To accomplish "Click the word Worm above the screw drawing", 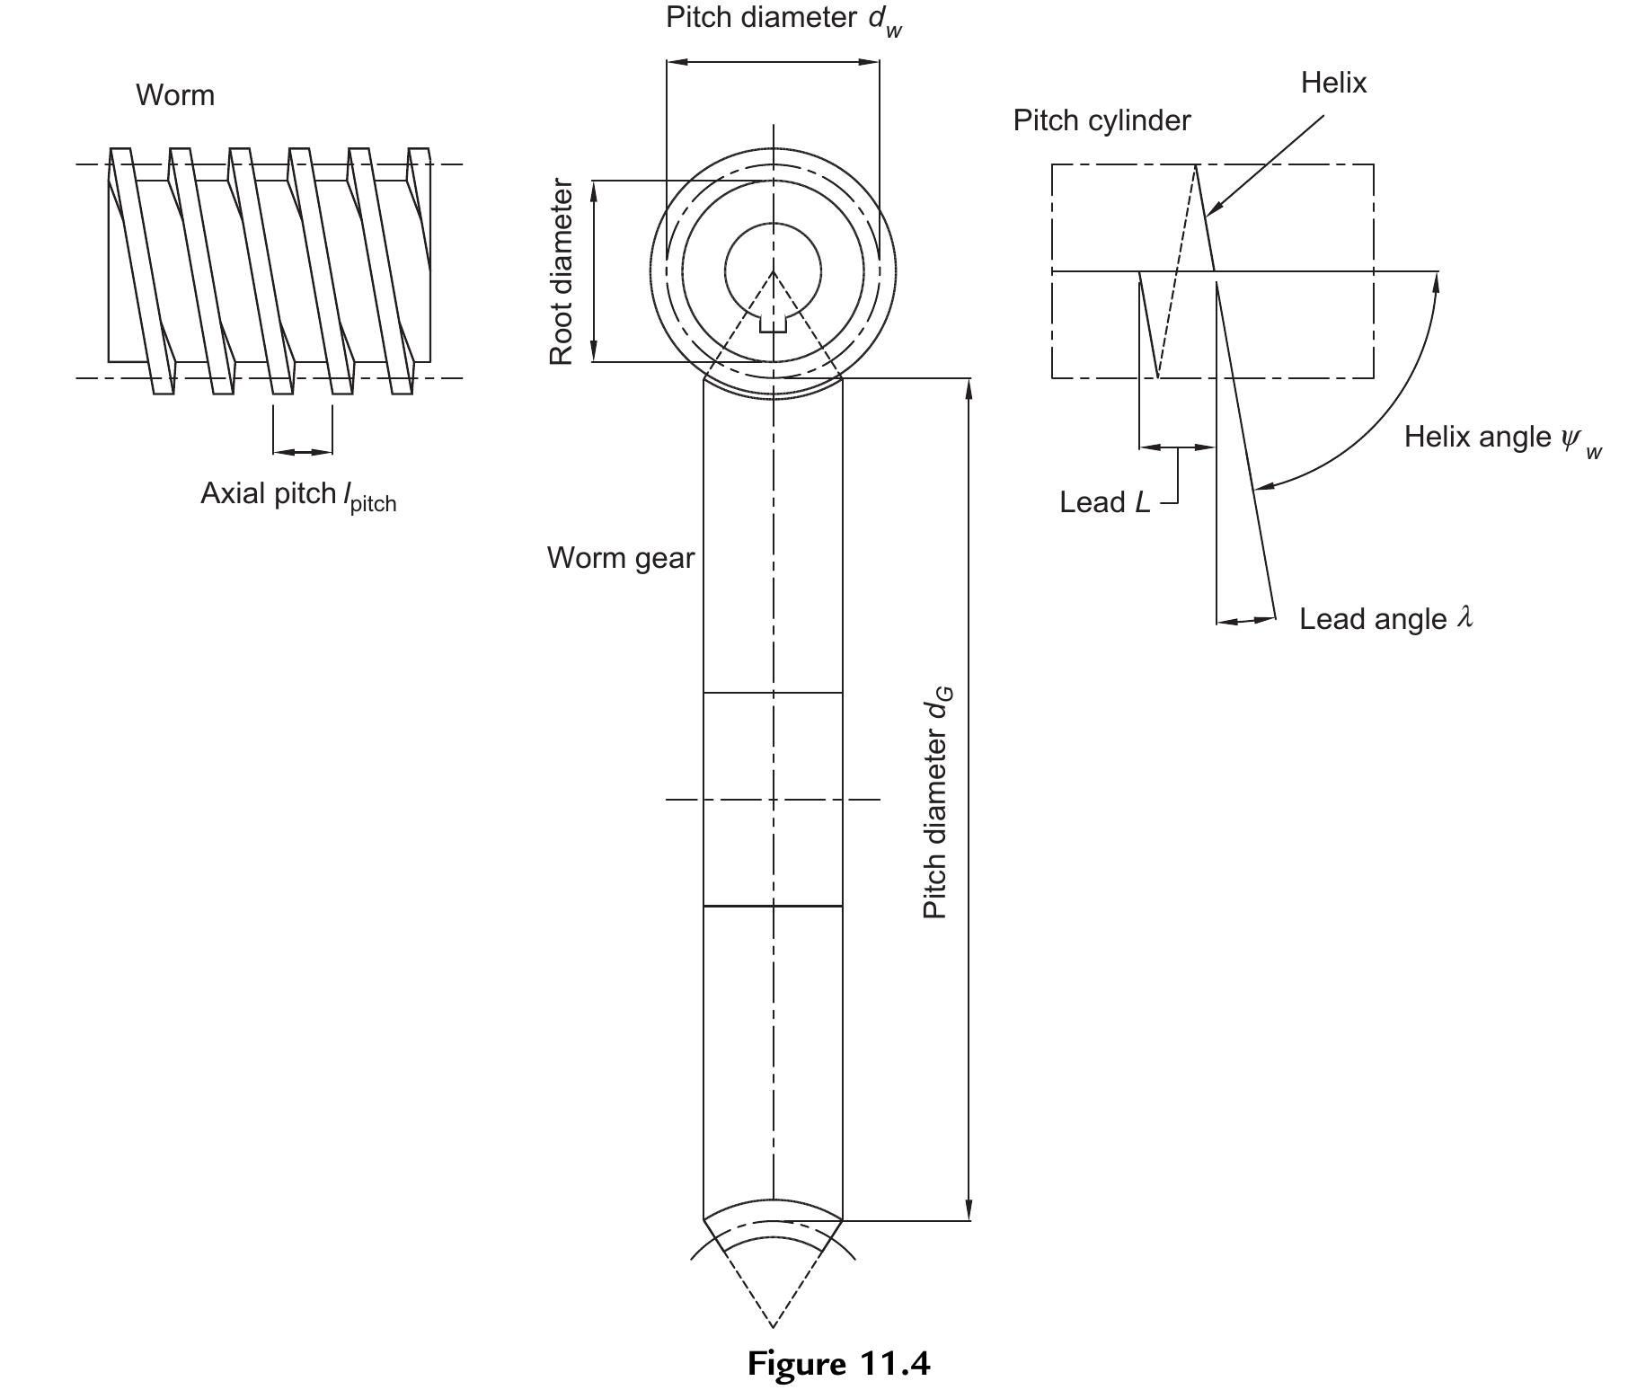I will tap(175, 95).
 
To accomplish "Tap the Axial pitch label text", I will tap(297, 495).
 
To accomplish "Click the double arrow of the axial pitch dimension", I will tap(303, 451).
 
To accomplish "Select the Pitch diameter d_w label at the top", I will tap(783, 19).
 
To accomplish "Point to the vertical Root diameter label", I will tap(562, 271).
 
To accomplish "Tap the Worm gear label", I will tap(621, 558).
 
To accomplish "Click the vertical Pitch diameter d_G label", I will tap(937, 802).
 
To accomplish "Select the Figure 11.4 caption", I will tap(838, 1363).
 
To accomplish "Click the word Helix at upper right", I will tap(1333, 83).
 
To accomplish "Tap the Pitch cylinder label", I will tap(1102, 120).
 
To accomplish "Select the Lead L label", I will tap(1104, 502).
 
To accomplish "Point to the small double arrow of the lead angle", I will tap(1246, 620).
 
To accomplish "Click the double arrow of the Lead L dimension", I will tap(1177, 447).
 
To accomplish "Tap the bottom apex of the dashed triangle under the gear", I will tap(773, 1326).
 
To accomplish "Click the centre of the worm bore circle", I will tap(773, 270).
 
